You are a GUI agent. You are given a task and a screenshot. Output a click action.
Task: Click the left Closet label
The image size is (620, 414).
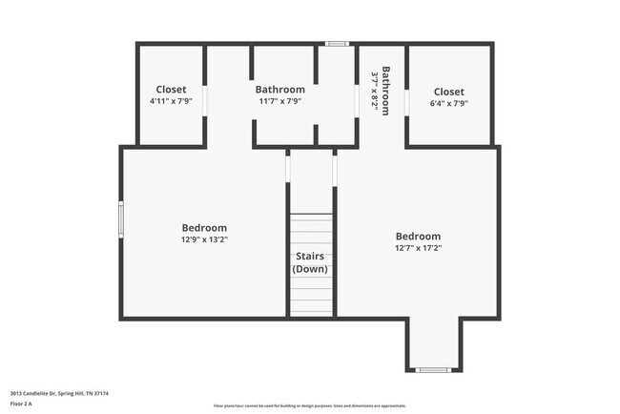[x=171, y=90]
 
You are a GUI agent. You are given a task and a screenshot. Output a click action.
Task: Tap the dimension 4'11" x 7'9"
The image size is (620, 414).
[x=171, y=102]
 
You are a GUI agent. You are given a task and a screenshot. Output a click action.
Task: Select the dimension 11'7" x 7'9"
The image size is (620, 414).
[x=280, y=102]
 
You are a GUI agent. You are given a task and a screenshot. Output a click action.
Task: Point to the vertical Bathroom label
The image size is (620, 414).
[x=386, y=90]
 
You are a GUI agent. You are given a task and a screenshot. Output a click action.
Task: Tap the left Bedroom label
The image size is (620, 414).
[x=204, y=228]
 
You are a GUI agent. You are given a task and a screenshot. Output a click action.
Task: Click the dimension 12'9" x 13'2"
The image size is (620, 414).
[x=204, y=240]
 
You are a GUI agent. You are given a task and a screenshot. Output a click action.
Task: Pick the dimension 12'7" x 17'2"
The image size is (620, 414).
[x=418, y=248]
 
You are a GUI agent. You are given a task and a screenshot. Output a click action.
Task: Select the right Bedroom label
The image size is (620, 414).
[x=418, y=237]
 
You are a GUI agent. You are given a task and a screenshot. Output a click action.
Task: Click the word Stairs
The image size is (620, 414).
[x=310, y=257]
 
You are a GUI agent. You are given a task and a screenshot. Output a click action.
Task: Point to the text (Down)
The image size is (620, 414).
[x=310, y=270]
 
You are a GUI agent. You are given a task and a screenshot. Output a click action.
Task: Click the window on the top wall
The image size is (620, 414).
[x=336, y=44]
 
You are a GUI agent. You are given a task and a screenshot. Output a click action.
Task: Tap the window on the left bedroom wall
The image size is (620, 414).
[x=121, y=217]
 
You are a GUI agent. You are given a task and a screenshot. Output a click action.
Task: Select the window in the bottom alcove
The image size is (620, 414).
[x=433, y=369]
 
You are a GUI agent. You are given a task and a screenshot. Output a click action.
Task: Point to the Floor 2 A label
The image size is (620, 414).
[x=21, y=404]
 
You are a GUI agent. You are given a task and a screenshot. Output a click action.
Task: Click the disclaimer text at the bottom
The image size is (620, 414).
[x=309, y=405]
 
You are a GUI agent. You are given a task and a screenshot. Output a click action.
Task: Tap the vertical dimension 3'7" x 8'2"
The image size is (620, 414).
[x=374, y=90]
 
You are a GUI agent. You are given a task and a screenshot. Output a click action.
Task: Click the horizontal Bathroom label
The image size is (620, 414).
[x=280, y=90]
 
